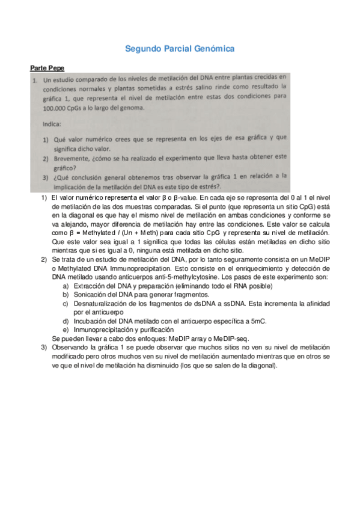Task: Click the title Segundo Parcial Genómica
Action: [x=180, y=48]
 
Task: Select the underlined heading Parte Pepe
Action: [x=47, y=67]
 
